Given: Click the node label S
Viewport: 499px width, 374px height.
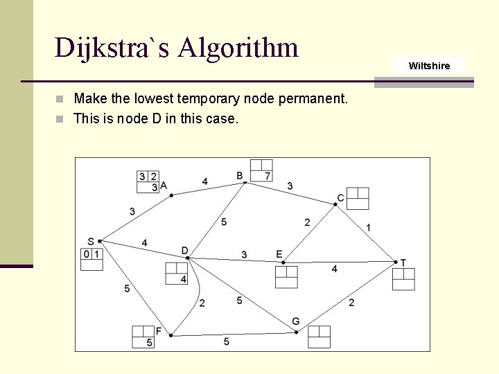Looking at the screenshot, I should pos(91,241).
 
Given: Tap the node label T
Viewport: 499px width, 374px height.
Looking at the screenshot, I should pos(403,262).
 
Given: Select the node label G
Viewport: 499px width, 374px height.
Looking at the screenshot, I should pos(296,321).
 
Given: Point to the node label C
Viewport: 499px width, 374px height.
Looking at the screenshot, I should pos(340,199).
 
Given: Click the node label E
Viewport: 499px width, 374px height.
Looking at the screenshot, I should pos(279,254).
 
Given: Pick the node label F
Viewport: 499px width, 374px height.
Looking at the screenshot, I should pos(159,331).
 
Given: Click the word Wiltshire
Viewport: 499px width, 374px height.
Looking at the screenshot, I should pos(429,66).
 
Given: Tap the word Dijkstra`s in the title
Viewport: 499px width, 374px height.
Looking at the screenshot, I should pos(112,48).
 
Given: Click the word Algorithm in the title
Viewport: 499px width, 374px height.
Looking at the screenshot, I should pos(238,48).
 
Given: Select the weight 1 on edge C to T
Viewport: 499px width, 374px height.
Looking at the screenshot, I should pos(368,227).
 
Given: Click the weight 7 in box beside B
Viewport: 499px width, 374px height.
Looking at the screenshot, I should pos(268,176).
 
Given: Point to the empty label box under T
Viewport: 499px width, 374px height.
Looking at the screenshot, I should pos(403,278).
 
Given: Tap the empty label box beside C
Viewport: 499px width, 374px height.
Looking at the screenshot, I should pos(358,198).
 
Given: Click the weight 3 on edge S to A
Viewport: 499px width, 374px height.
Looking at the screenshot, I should pos(132,211).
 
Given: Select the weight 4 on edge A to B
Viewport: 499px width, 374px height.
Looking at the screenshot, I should pos(204,181).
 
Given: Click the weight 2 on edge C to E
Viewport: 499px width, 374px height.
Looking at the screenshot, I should pos(307,222).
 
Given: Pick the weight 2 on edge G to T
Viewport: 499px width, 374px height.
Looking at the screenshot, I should pos(351,302).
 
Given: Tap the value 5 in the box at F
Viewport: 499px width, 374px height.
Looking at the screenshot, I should pos(149,343).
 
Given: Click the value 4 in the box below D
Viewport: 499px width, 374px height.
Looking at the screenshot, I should pos(183,279).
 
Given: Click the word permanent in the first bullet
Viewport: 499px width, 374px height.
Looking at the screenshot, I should pos(311,99).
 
